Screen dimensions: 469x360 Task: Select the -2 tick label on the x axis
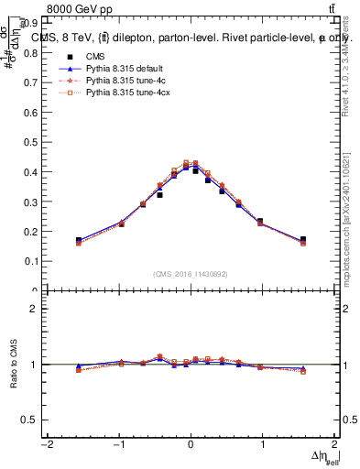(46, 445)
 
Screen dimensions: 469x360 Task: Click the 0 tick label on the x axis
(191, 445)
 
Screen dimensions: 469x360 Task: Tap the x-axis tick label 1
(263, 445)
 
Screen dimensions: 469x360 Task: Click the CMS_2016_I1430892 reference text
(191, 274)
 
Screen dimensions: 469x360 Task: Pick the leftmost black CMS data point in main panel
(79, 240)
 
